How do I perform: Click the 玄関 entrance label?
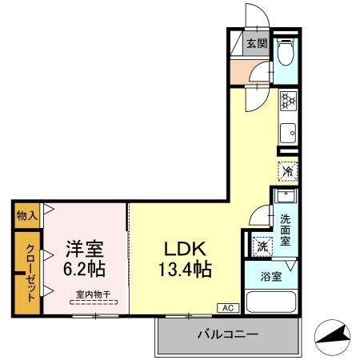pyautogui.click(x=255, y=45)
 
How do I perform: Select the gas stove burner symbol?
pyautogui.click(x=288, y=102)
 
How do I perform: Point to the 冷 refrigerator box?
pyautogui.click(x=287, y=170)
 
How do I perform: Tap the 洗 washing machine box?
pyautogui.click(x=262, y=246)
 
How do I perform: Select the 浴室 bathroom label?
pyautogui.click(x=271, y=278)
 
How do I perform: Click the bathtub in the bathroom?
pyautogui.click(x=271, y=302)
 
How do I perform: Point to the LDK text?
pyautogui.click(x=188, y=247)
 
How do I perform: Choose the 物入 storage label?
pyautogui.click(x=26, y=214)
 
